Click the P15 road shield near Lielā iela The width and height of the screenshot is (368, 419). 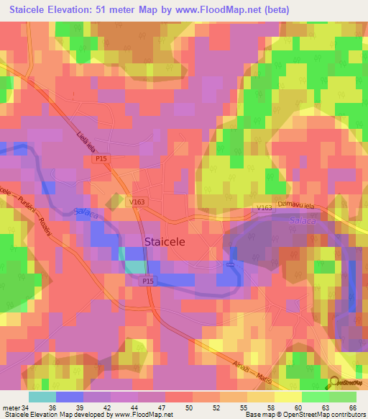tap(104, 164)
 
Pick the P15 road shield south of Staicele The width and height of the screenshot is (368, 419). tap(148, 281)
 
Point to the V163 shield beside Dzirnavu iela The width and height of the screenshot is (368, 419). tap(264, 207)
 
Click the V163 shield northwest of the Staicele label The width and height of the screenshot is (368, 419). tap(138, 202)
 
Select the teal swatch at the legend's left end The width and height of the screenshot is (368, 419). tap(42, 397)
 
